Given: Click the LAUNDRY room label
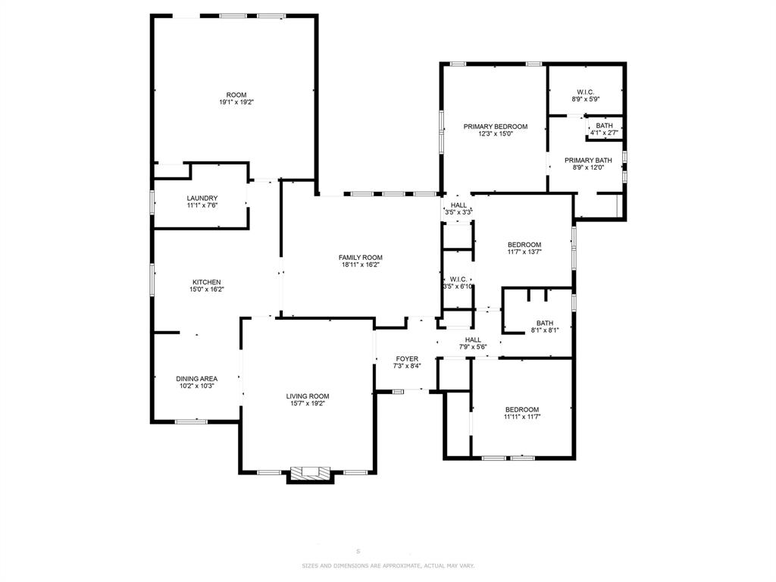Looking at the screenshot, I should [202, 199].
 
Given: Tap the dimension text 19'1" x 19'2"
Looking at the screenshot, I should [236, 102].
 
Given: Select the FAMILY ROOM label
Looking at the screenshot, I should [361, 258].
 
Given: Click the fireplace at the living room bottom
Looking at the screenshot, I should [309, 474].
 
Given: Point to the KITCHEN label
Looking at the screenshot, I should [206, 282].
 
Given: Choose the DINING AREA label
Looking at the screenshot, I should [197, 379].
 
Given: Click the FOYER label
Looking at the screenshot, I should [407, 358].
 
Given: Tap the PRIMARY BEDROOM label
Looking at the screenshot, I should [496, 127].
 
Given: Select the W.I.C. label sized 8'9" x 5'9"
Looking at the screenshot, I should [585, 92].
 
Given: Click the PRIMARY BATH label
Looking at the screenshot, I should [588, 160].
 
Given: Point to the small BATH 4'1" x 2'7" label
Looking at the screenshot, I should [604, 126].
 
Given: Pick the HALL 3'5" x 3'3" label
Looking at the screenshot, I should [459, 205].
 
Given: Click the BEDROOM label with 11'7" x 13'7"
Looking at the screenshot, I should [524, 245].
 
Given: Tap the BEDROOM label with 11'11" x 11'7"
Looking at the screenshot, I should [522, 409].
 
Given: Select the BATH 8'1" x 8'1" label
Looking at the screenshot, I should [545, 323].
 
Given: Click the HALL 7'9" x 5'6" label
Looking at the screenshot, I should [473, 340].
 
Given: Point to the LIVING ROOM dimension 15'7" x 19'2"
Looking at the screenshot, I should [308, 404].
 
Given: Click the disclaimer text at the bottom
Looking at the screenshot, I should [388, 566].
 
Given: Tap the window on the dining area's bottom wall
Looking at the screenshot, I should [191, 421].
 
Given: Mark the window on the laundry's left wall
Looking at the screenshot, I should [152, 202].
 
